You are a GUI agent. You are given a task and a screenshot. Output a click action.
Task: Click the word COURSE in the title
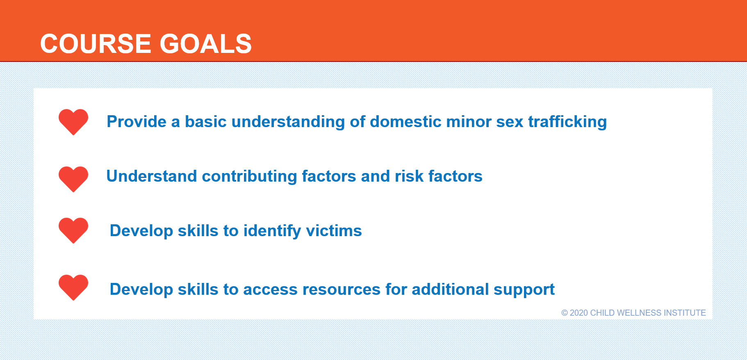pos(96,43)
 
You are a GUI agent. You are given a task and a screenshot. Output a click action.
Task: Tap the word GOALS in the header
pos(205,43)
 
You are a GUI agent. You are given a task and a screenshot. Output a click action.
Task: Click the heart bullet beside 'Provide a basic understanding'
pos(73,122)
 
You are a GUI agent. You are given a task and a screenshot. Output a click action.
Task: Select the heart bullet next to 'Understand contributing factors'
pos(73,179)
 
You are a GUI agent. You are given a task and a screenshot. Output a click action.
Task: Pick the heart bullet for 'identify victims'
pos(73,230)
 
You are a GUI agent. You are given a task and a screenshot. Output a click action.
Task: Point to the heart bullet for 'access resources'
pos(73,287)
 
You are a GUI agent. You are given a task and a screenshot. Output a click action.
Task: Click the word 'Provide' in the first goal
pos(137,122)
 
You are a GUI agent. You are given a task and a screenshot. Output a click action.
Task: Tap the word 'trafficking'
pos(567,122)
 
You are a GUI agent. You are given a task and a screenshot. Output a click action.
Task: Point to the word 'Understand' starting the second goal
pos(152,176)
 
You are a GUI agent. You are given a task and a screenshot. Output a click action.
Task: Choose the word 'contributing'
pos(249,177)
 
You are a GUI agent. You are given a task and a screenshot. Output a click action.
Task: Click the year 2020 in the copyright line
pos(579,313)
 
